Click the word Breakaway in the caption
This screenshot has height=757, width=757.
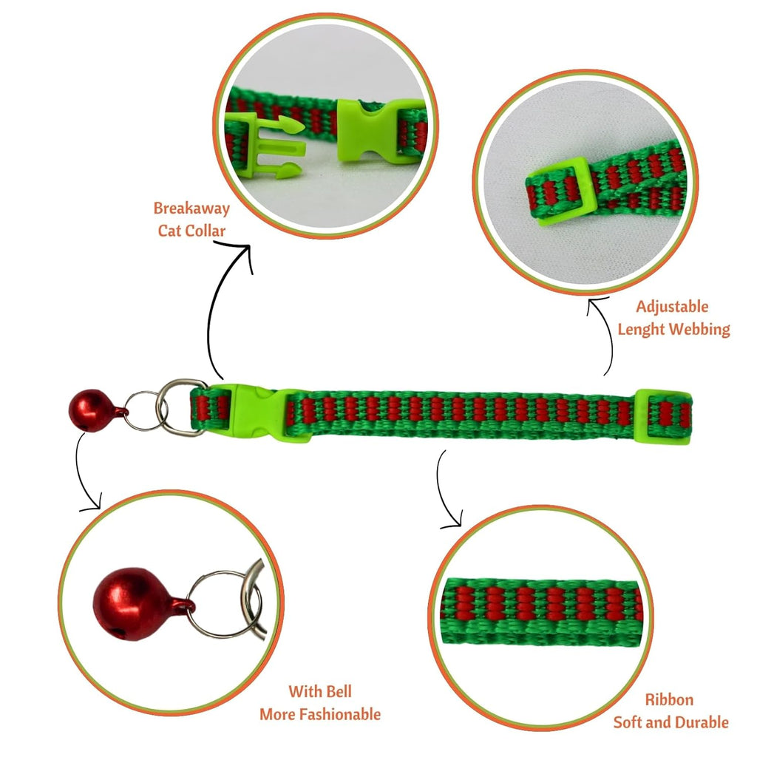click(x=191, y=208)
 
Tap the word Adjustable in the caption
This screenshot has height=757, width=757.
click(x=672, y=306)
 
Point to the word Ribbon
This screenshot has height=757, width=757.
click(x=669, y=699)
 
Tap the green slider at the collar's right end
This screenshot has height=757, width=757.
click(x=663, y=416)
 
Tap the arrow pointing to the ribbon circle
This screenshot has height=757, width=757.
click(x=441, y=492)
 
